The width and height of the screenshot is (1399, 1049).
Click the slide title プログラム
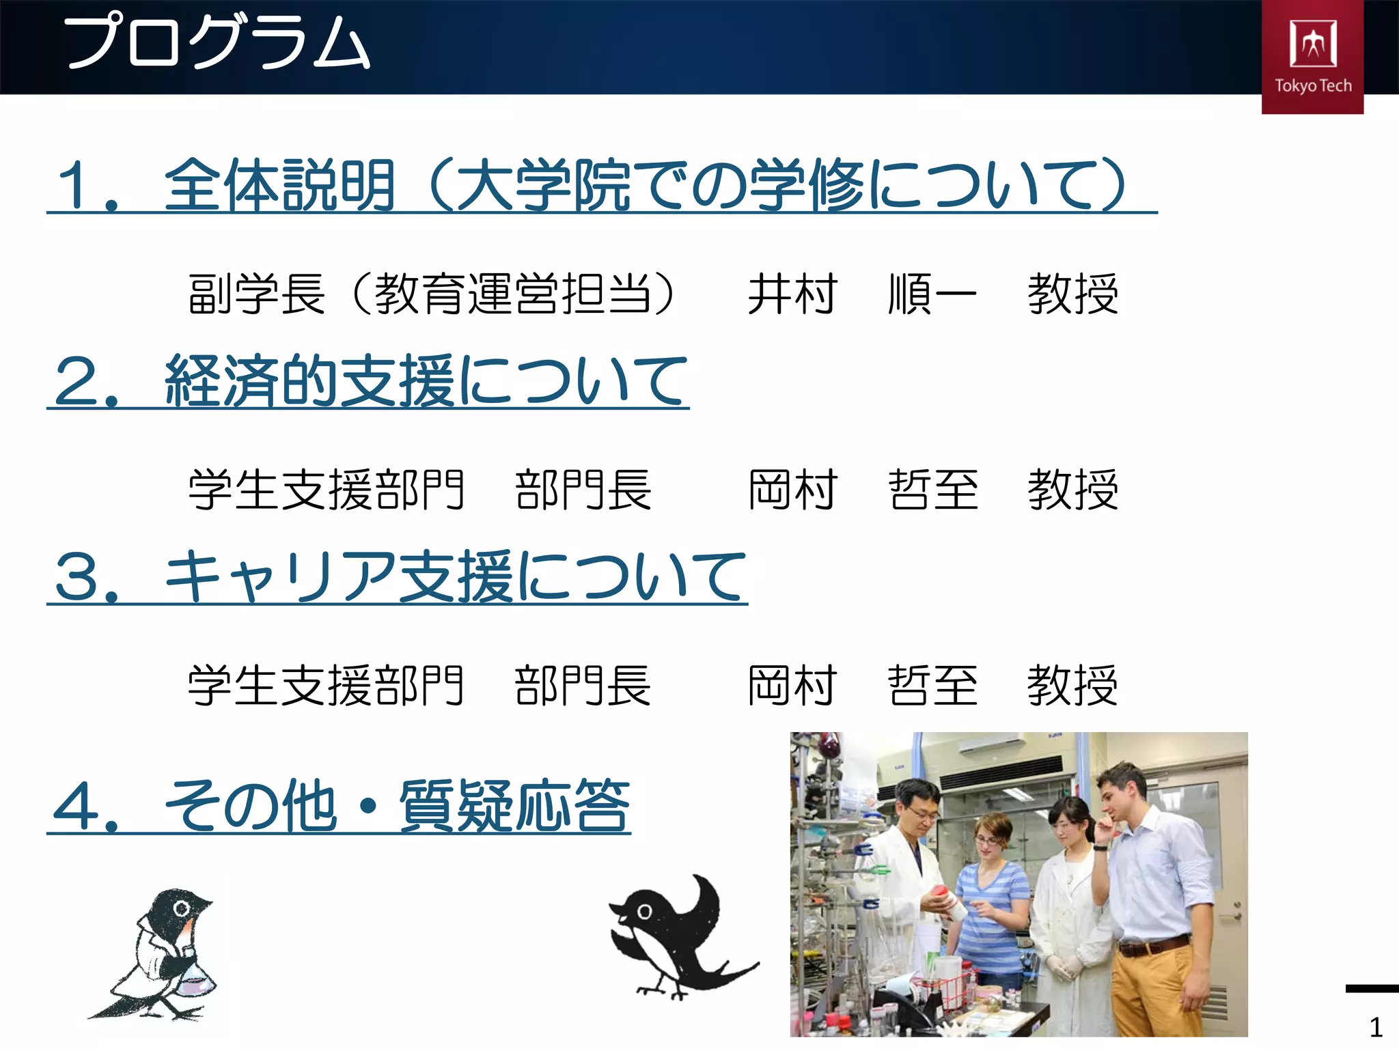217,42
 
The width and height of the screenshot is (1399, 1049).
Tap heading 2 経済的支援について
370,381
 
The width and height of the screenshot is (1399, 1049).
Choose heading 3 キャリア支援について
399,577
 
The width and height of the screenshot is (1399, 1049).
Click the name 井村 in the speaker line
792,294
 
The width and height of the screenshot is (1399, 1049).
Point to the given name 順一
932,294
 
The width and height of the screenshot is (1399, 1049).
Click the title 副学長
256,294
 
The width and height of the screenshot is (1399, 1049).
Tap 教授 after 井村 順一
1072,294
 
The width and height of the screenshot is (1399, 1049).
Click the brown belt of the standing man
1154,947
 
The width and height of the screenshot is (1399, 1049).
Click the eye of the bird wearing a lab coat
182,909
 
